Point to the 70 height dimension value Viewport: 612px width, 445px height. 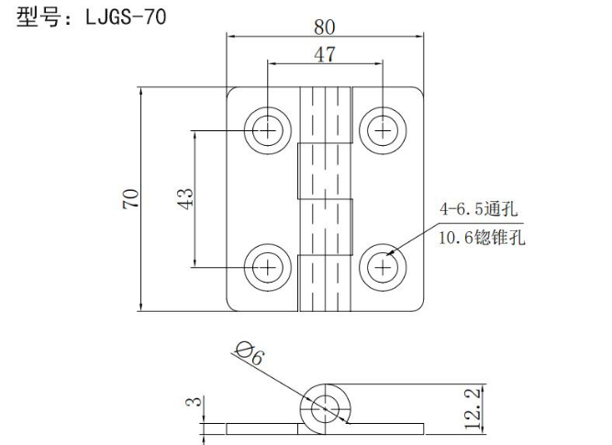pyautogui.click(x=130, y=199)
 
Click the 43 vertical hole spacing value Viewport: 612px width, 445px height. pyautogui.click(x=184, y=199)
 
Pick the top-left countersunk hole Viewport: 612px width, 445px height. pyautogui.click(x=268, y=130)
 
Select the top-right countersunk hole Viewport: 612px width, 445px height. pyautogui.click(x=382, y=130)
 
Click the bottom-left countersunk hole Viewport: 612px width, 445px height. pyautogui.click(x=268, y=267)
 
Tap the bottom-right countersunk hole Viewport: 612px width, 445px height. pyautogui.click(x=382, y=267)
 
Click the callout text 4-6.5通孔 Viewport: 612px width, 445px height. pyautogui.click(x=478, y=210)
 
